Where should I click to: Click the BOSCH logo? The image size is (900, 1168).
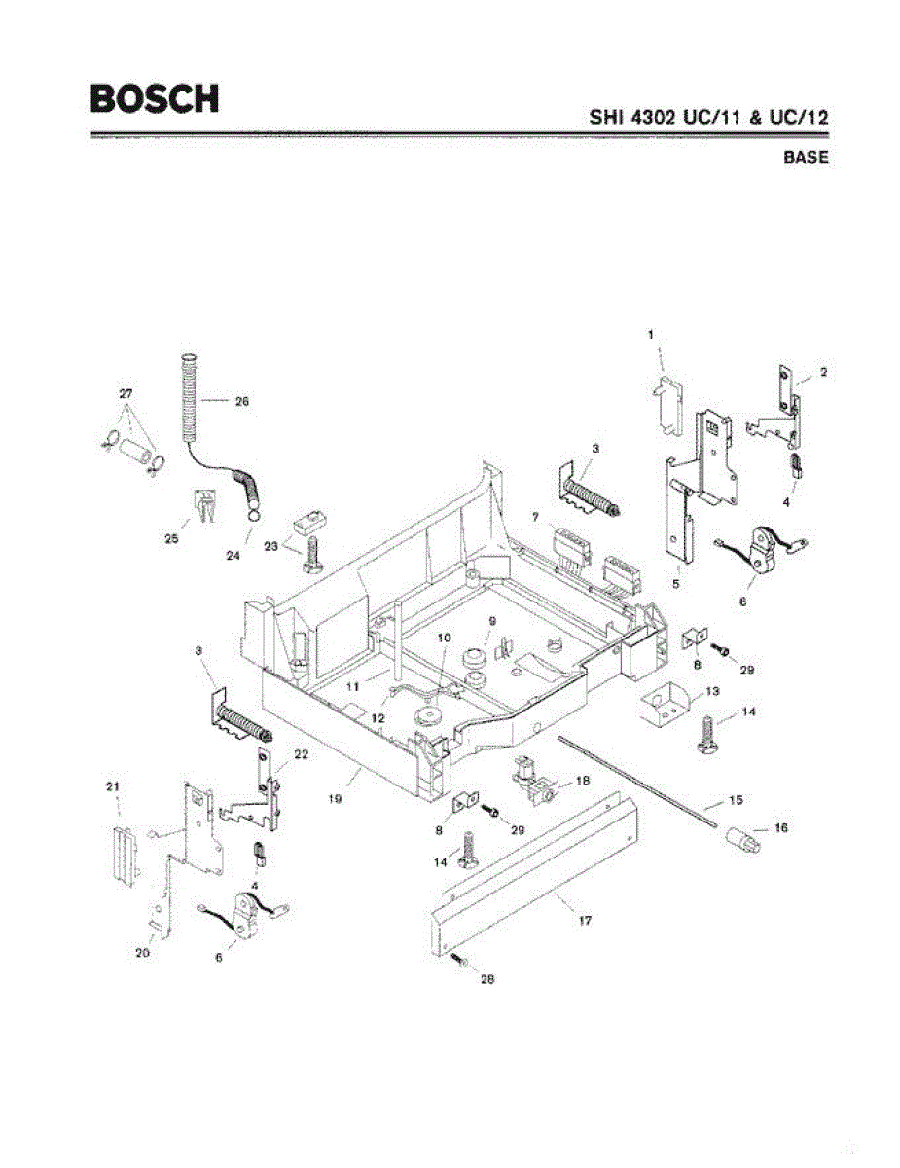[x=155, y=98]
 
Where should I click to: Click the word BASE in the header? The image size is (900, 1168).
[x=806, y=157]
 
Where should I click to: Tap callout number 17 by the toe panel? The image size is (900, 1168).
[x=585, y=920]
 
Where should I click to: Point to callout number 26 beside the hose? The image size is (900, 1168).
[x=242, y=401]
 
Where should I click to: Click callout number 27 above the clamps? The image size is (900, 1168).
[x=126, y=393]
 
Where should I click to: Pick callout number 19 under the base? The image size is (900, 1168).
[x=334, y=799]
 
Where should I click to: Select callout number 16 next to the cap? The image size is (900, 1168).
[x=780, y=828]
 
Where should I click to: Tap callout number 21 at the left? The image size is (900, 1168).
[x=112, y=786]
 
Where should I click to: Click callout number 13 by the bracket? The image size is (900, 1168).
[x=712, y=691]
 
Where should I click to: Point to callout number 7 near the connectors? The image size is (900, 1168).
[x=536, y=517]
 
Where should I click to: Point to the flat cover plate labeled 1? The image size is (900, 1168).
[x=667, y=406]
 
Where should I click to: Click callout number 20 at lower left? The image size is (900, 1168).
[x=142, y=953]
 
